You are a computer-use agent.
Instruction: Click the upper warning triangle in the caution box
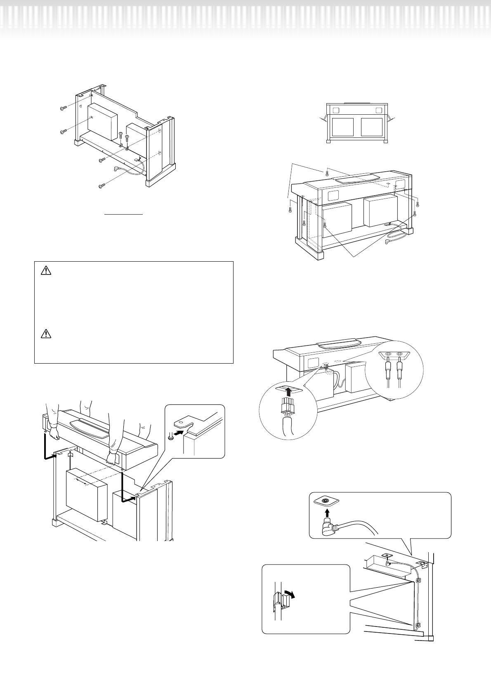(x=46, y=271)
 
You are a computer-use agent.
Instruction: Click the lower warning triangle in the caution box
(x=46, y=334)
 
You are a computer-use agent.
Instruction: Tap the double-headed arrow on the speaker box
(x=84, y=482)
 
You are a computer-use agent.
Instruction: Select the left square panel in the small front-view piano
(x=343, y=127)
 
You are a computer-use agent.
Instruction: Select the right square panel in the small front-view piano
(x=372, y=127)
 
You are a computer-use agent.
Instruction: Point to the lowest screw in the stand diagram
(x=102, y=187)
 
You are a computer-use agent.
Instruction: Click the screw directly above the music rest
(x=327, y=172)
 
